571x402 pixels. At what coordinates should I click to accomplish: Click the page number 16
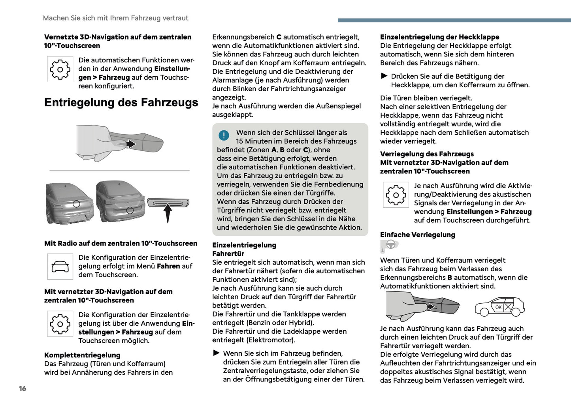click(23, 389)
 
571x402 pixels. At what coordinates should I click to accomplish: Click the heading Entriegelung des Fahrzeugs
click(121, 103)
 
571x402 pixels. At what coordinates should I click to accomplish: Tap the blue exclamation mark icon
click(224, 135)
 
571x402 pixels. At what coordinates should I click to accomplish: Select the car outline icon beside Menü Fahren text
click(60, 267)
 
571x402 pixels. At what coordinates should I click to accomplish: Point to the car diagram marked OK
click(499, 307)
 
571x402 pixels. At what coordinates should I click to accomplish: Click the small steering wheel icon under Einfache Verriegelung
click(390, 245)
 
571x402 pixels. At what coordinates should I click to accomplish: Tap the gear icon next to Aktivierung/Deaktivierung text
click(396, 195)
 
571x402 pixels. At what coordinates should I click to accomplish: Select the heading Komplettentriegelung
click(82, 355)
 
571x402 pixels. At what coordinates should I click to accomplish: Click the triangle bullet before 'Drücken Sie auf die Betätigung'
click(384, 76)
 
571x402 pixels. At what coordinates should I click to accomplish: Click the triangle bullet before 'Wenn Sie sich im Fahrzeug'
click(216, 353)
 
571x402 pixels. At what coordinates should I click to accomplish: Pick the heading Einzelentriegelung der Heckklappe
click(439, 37)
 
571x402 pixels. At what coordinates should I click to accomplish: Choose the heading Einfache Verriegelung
click(417, 235)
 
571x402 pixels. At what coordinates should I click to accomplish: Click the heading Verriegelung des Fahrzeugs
click(427, 154)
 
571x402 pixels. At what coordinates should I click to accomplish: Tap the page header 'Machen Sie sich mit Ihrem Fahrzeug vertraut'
click(115, 18)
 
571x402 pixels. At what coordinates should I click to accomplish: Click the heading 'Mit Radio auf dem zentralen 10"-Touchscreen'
click(121, 243)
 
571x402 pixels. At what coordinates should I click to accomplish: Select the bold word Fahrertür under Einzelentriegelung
click(228, 254)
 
